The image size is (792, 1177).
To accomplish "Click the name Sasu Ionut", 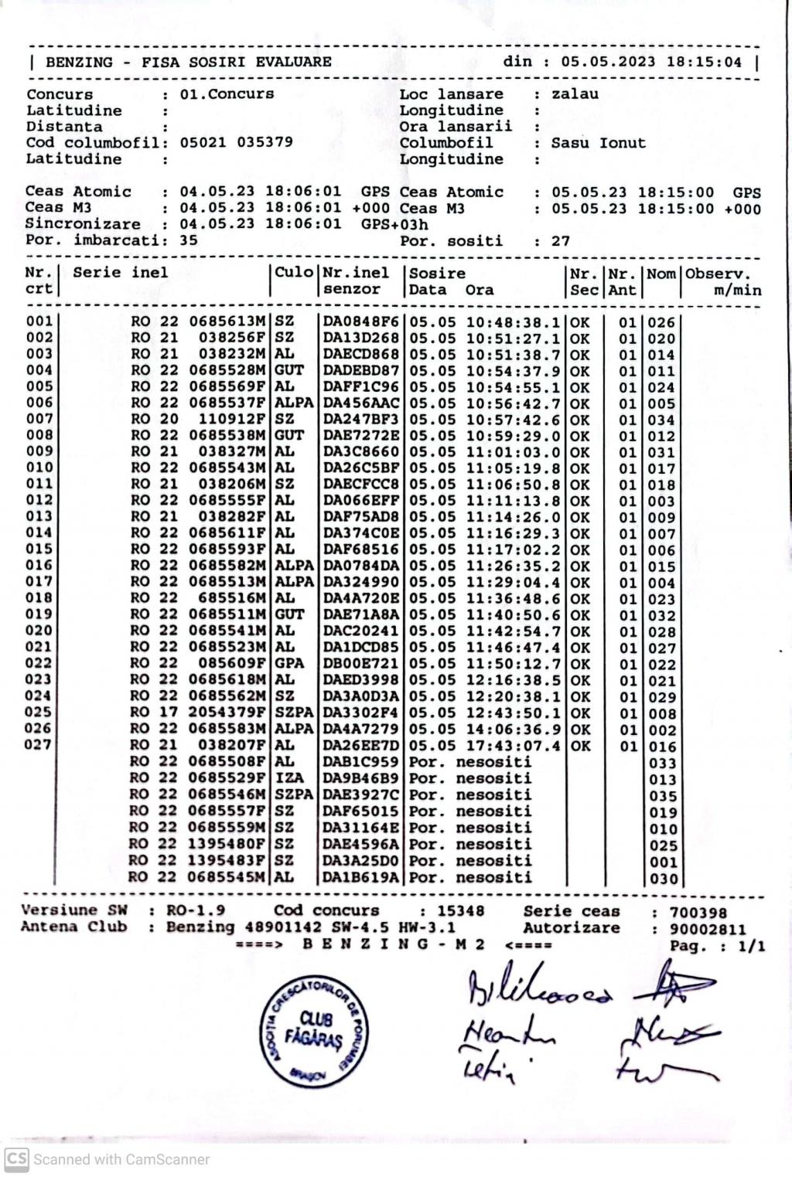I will click(598, 143).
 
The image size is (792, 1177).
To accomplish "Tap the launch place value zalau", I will click(575, 94).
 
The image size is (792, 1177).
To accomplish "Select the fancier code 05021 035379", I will click(236, 142).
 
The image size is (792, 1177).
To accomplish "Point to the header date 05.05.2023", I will click(608, 62).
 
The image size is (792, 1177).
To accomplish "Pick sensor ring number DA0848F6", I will click(360, 322).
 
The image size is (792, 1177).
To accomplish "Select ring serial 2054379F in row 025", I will click(227, 713).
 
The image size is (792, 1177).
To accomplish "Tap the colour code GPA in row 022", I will click(289, 664).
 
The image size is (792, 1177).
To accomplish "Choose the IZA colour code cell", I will click(289, 778).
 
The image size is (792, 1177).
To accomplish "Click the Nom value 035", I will click(663, 796).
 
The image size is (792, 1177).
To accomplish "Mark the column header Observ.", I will click(717, 274).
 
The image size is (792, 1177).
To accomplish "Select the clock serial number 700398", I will click(698, 913).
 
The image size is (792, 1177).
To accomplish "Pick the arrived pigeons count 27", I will click(561, 241).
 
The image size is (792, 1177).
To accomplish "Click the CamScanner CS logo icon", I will click(17, 1159).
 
